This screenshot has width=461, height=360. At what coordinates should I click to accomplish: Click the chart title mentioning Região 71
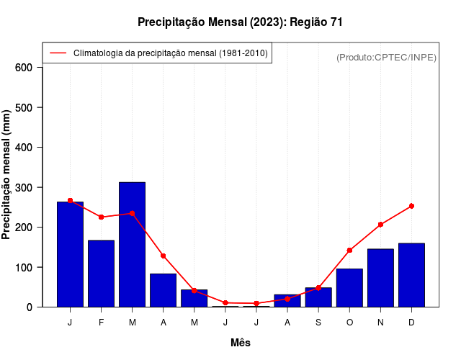point(240,22)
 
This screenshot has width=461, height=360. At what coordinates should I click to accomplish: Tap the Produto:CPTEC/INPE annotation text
point(386,57)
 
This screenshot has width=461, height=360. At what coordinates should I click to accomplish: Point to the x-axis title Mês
point(241,343)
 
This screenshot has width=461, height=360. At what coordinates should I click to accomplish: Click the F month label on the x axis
point(102,323)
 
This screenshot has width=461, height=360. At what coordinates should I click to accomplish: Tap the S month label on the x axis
point(318,323)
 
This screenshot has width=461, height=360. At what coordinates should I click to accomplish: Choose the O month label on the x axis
point(349,323)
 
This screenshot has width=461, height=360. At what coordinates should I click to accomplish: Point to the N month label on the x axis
point(380,323)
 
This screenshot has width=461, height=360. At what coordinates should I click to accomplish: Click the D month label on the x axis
point(411,323)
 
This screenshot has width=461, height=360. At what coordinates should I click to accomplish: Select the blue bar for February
point(102,274)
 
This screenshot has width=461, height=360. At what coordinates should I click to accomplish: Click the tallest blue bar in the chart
point(133,245)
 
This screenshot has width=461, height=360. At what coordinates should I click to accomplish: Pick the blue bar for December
point(411,275)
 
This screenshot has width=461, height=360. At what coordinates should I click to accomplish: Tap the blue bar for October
point(349,288)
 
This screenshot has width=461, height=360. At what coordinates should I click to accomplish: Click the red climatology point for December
point(411,206)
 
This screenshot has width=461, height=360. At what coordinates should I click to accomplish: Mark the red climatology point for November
point(380,225)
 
